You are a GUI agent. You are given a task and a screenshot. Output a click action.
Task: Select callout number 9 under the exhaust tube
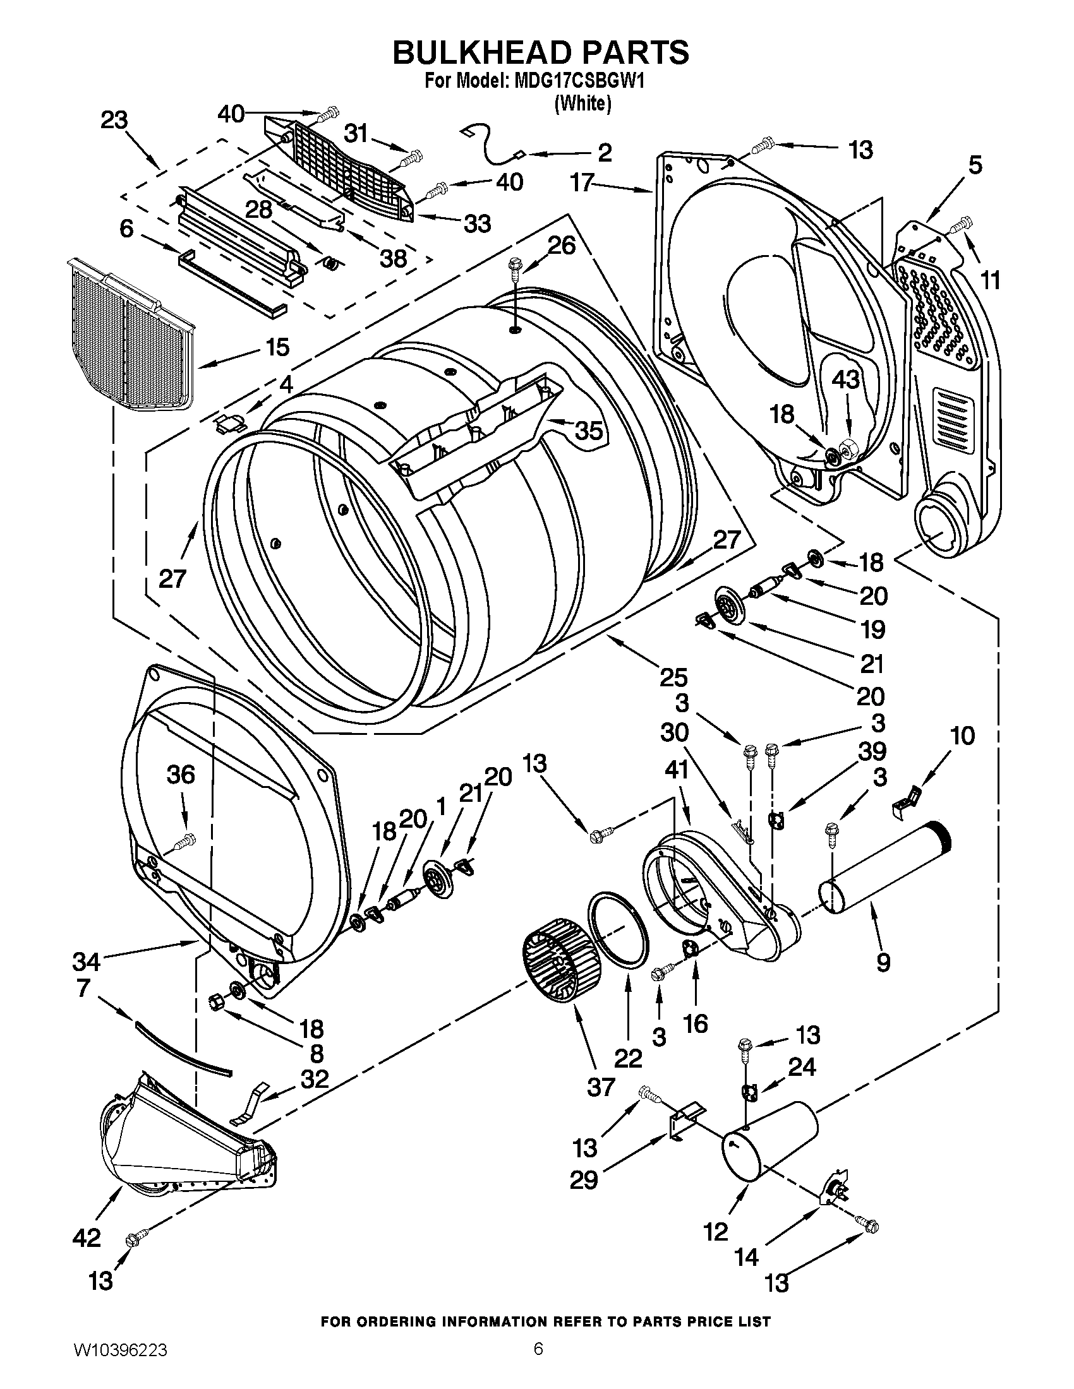pos(883,962)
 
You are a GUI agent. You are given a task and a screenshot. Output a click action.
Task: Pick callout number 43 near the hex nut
pos(845,379)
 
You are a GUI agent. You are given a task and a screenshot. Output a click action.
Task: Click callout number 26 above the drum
pos(562,245)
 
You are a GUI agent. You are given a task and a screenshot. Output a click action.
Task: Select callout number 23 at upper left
pos(114,119)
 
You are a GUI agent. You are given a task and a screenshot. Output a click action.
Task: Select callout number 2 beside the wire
pos(604,152)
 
